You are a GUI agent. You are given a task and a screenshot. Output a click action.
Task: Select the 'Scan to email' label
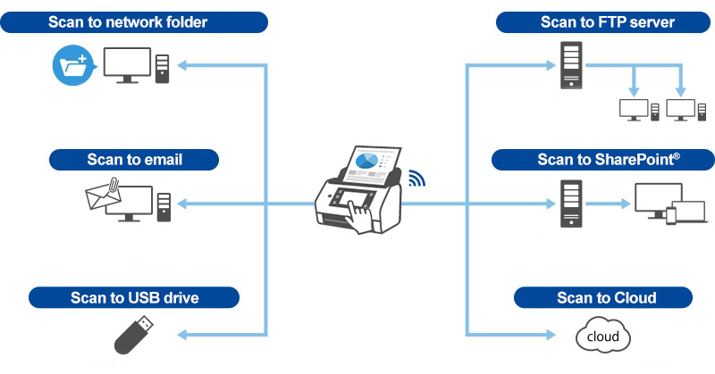(x=135, y=160)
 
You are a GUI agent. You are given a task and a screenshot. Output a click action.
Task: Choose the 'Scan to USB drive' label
(x=134, y=297)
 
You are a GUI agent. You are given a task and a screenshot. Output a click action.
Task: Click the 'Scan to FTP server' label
(x=594, y=22)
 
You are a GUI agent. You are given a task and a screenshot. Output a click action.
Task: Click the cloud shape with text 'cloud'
(x=602, y=337)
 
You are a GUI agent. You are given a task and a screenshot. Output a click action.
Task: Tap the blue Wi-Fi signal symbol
(x=417, y=178)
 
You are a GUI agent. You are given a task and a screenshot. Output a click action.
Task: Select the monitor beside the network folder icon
(x=127, y=66)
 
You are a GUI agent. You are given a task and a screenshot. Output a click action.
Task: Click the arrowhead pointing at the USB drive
(x=181, y=336)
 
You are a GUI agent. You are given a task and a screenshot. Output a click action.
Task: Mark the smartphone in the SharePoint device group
(x=671, y=215)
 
